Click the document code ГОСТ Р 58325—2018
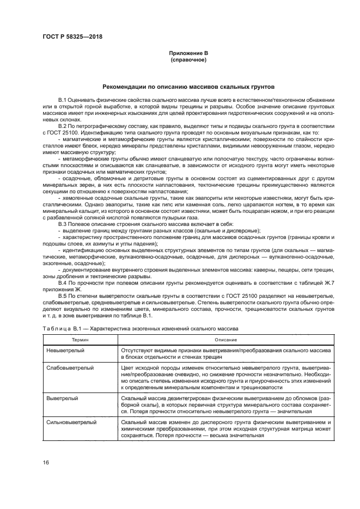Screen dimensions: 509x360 [72, 36]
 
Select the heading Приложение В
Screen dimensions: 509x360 [188, 53]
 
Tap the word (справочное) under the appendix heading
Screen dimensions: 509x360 [188, 59]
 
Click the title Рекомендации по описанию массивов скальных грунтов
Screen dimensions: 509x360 [188, 87]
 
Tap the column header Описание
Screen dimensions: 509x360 [226, 339]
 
